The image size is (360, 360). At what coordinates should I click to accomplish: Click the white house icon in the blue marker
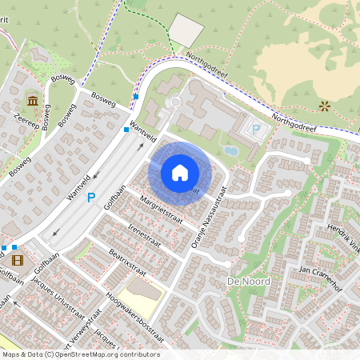(x=180, y=173)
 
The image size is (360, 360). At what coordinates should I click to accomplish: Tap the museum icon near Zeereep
(x=32, y=101)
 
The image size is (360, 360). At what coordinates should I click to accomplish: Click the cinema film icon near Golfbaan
(x=18, y=258)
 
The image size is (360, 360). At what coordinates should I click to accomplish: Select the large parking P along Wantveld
(x=91, y=197)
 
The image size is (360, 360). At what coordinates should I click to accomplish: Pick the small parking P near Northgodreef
(x=256, y=129)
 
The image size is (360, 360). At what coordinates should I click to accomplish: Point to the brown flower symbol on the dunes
(x=324, y=106)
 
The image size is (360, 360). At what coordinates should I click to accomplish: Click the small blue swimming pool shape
(x=230, y=150)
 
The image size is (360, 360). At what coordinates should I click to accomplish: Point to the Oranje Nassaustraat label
(x=210, y=219)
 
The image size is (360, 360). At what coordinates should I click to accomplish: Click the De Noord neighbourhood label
(x=247, y=282)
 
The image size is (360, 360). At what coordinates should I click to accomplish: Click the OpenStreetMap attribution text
(x=80, y=354)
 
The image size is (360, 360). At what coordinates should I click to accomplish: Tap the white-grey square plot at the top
(x=187, y=30)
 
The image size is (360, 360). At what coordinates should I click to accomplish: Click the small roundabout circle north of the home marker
(x=174, y=102)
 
